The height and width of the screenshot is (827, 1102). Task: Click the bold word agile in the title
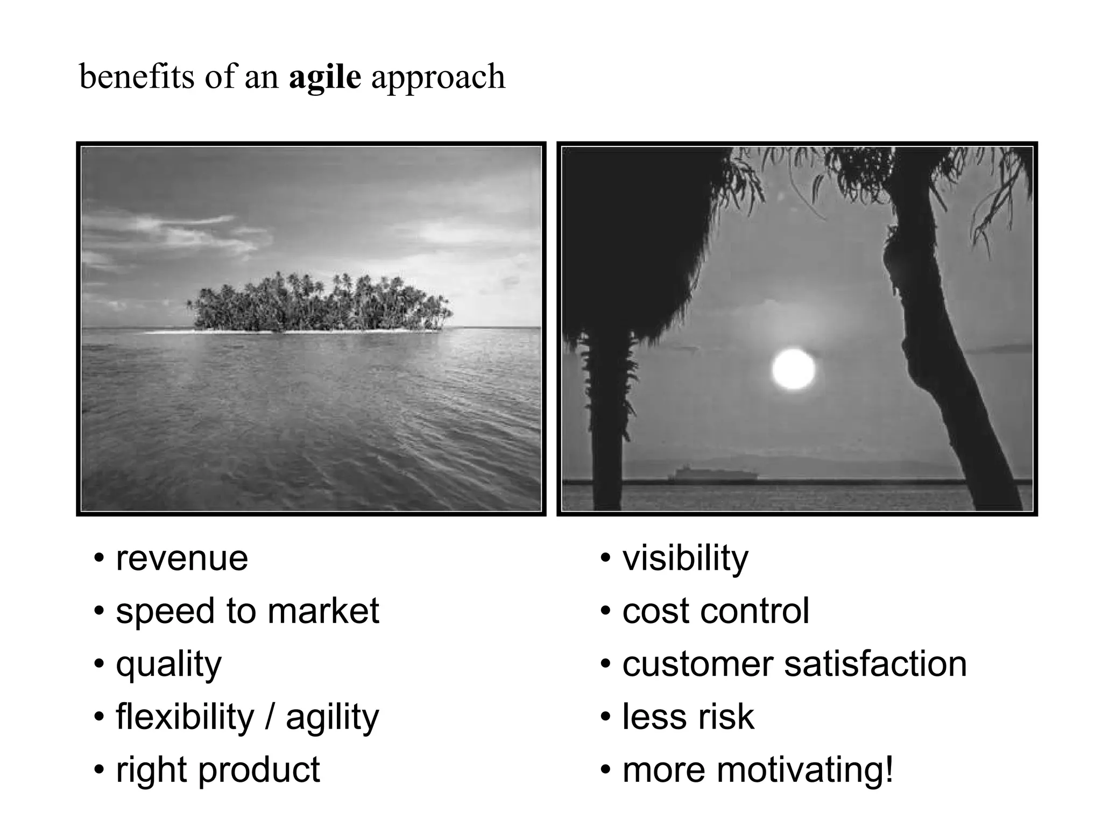324,77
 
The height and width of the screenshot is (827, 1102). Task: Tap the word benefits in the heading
137,77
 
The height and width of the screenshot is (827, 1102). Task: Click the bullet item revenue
182,559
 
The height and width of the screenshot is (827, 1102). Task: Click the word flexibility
185,717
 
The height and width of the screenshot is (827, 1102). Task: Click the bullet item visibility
685,559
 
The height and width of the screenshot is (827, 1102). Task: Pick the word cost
655,611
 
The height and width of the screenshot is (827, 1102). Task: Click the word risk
726,717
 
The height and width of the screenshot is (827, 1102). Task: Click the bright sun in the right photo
793,369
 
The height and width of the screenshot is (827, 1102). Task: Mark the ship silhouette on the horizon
712,473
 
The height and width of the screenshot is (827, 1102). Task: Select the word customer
697,664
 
